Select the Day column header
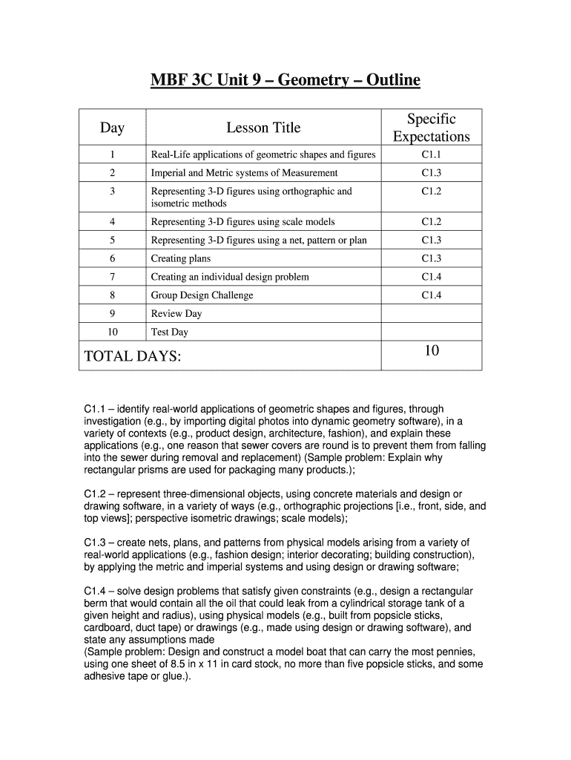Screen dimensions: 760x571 [x=112, y=128]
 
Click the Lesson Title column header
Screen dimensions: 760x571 [x=263, y=128]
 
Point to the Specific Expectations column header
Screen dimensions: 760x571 [x=432, y=128]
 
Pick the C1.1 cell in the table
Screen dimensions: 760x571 [x=432, y=154]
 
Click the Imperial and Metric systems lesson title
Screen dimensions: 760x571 [x=244, y=173]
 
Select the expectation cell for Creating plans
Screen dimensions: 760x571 [x=432, y=258]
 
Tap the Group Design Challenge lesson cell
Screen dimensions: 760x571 [x=202, y=295]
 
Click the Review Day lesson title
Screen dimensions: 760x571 [x=176, y=314]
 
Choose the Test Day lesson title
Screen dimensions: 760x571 [x=170, y=332]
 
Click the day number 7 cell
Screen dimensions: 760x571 [x=112, y=277]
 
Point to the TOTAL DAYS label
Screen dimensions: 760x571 [x=133, y=357]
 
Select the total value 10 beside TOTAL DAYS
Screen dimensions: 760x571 [x=432, y=351]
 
